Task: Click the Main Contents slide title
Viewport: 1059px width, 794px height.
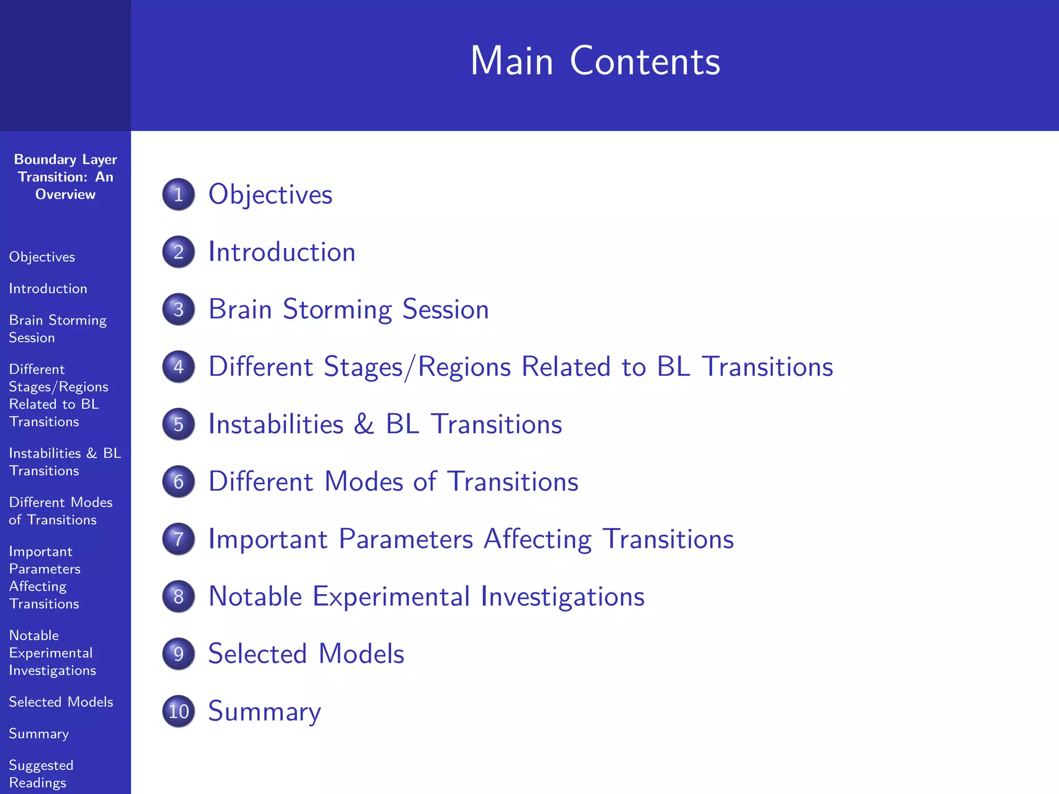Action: tap(595, 61)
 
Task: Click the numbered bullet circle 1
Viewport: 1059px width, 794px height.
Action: tap(178, 194)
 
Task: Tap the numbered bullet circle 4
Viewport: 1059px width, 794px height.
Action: tap(178, 367)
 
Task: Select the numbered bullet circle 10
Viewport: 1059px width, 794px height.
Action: tap(178, 711)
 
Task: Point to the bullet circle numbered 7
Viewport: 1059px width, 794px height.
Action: tap(178, 539)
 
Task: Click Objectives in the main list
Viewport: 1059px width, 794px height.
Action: tap(270, 195)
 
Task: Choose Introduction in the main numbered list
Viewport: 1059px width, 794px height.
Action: tap(282, 252)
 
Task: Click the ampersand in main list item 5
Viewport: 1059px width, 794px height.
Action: tap(364, 424)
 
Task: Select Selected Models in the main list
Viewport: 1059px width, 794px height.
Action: tap(306, 654)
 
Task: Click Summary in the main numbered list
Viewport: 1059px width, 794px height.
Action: tap(264, 711)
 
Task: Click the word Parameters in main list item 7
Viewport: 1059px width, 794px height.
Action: tap(405, 539)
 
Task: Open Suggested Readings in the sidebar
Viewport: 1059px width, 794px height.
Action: tap(41, 773)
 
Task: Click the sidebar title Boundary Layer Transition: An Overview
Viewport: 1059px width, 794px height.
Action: tap(65, 177)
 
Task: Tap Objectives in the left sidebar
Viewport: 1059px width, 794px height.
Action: tap(42, 257)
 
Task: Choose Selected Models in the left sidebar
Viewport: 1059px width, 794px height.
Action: tap(61, 702)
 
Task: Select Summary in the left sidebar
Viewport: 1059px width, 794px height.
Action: tap(39, 734)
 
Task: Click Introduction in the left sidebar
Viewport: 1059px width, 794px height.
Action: tap(48, 288)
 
